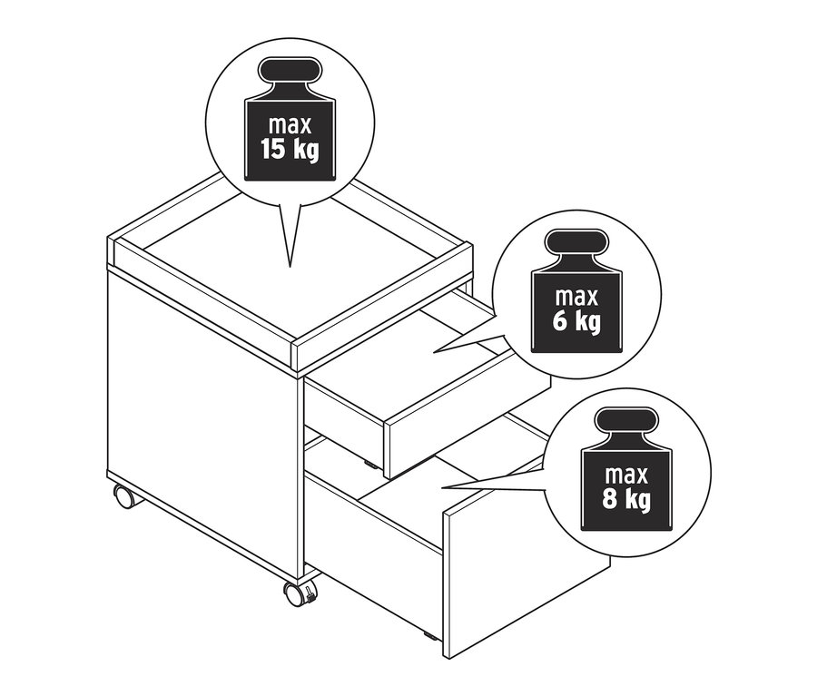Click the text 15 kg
290,149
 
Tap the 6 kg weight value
576,321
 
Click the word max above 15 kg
290,123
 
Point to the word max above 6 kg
576,297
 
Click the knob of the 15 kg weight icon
290,74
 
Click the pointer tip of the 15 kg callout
290,266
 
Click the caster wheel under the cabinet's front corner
298,594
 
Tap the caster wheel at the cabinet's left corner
123,496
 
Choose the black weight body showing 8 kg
626,490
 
